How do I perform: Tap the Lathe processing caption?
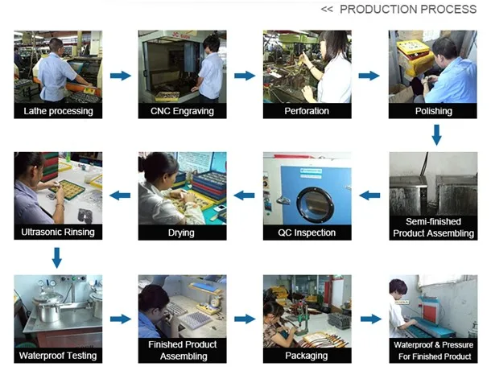pyautogui.click(x=58, y=111)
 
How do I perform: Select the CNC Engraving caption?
pyautogui.click(x=182, y=111)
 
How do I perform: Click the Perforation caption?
pyautogui.click(x=307, y=111)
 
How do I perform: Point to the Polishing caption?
pyautogui.click(x=432, y=111)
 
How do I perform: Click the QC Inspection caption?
pyautogui.click(x=307, y=233)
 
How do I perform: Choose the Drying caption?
pyautogui.click(x=182, y=233)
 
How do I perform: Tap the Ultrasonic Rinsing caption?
pyautogui.click(x=58, y=233)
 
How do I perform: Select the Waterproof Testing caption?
pyautogui.click(x=58, y=355)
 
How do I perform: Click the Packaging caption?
pyautogui.click(x=307, y=355)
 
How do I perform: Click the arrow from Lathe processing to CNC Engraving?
pyautogui.click(x=120, y=76)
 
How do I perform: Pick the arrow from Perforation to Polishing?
pyautogui.click(x=369, y=76)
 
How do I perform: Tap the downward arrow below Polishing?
pyautogui.click(x=436, y=134)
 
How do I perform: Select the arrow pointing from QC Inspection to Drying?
pyautogui.click(x=245, y=195)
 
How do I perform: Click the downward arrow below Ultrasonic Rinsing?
pyautogui.click(x=57, y=257)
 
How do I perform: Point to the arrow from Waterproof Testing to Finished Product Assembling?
pyautogui.click(x=120, y=319)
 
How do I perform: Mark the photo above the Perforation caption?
pyautogui.click(x=307, y=67)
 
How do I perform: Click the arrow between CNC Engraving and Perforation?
pyautogui.click(x=245, y=76)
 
